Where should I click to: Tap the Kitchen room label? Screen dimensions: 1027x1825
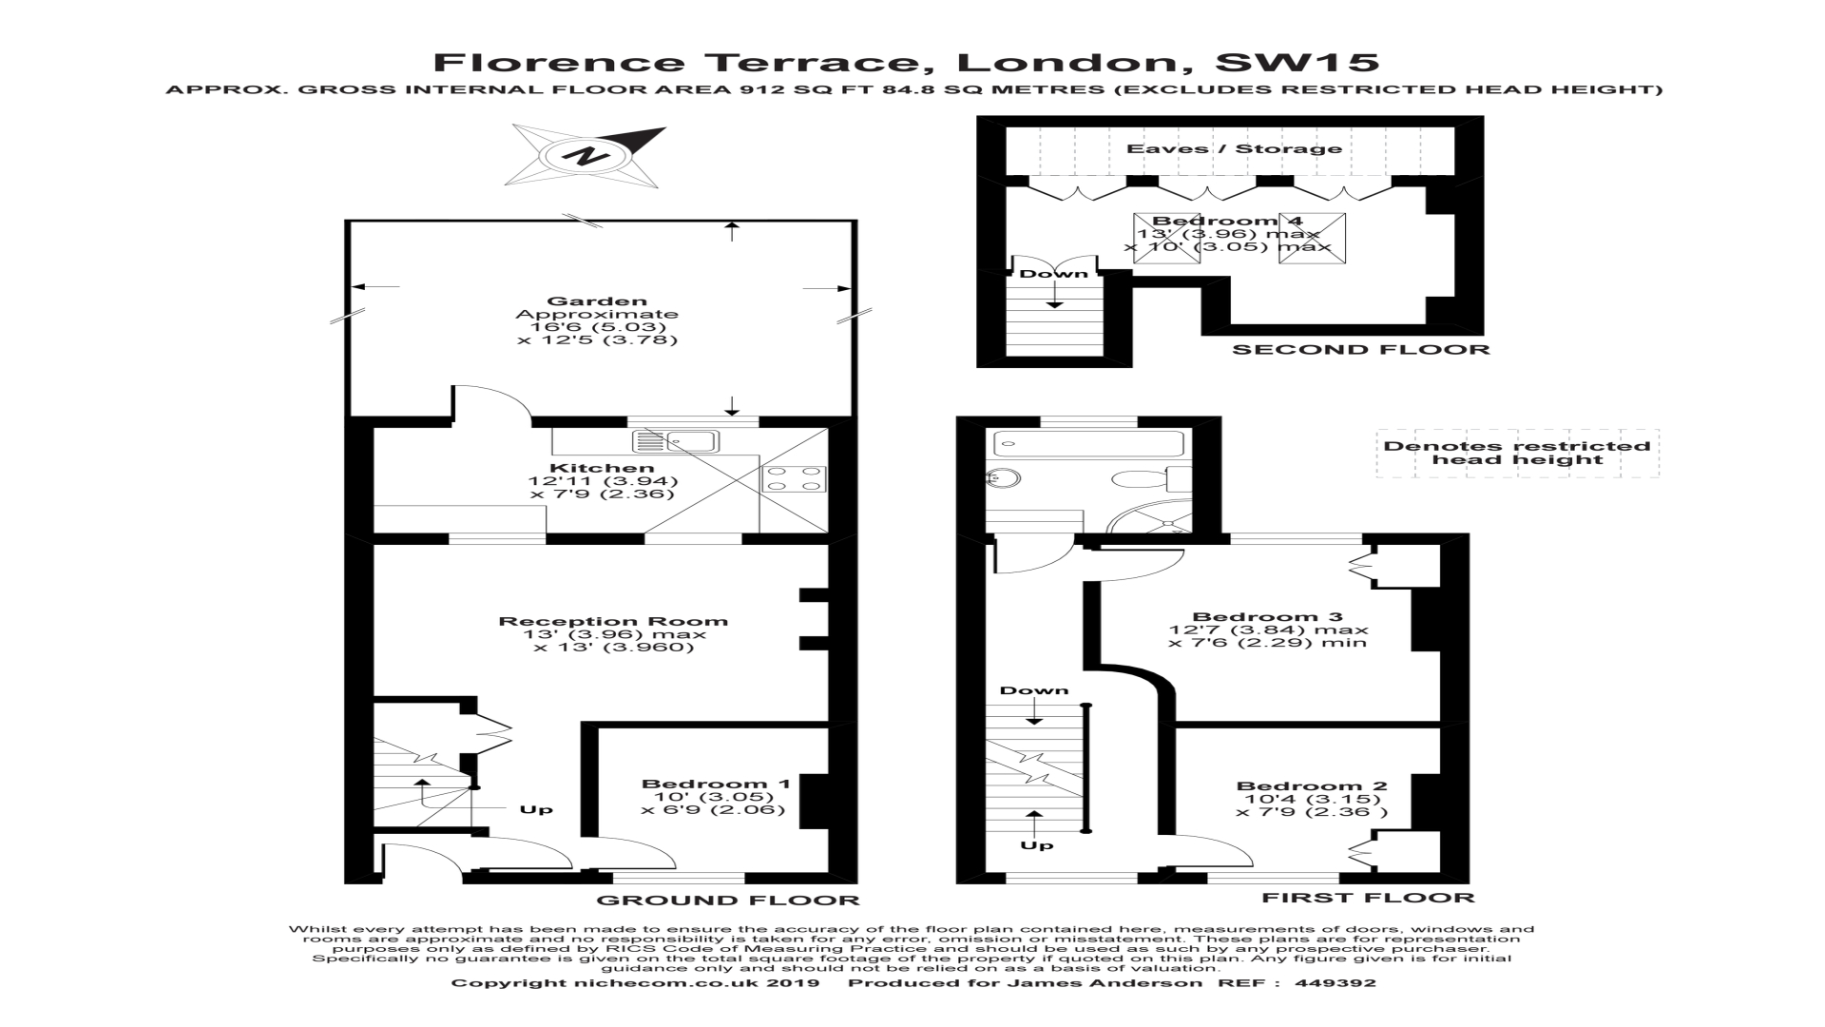[x=602, y=468]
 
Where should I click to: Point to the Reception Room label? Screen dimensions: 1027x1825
[x=613, y=622]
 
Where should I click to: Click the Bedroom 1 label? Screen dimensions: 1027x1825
[x=716, y=785]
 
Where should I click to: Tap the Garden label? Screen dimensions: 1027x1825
[x=597, y=302]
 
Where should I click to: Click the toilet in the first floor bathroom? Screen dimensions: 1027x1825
[x=1137, y=477]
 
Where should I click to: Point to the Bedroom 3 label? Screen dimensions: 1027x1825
[x=1267, y=616]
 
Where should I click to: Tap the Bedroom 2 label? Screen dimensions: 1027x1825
[x=1311, y=786]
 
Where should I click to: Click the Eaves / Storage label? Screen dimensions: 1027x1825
[x=1234, y=149]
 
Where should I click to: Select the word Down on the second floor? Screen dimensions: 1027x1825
[x=1053, y=274]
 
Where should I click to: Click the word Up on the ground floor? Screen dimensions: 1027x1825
[x=536, y=810]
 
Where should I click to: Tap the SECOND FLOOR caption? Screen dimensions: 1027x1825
[x=1360, y=350]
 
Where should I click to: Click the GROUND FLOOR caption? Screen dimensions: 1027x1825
[x=727, y=901]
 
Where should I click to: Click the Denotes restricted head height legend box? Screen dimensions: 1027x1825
[x=1517, y=453]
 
